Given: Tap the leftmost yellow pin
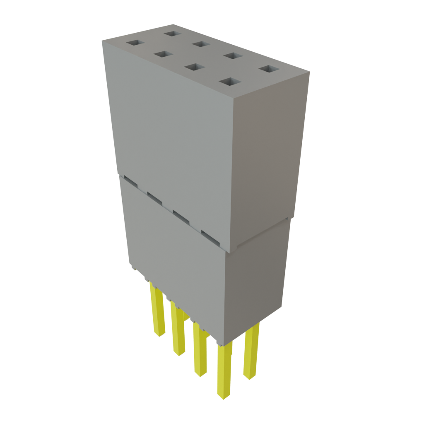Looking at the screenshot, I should (157, 311).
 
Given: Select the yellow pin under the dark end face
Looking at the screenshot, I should (251, 352).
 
